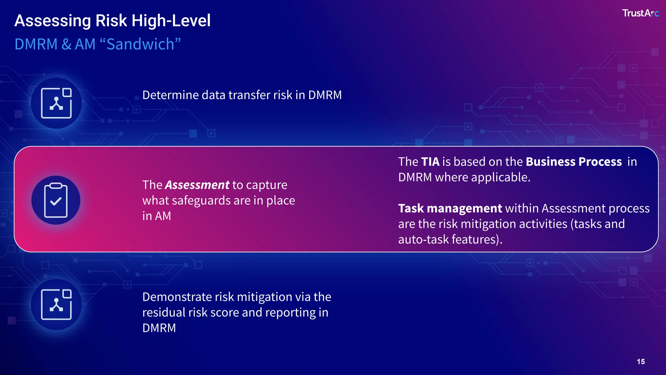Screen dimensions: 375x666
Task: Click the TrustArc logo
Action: click(640, 13)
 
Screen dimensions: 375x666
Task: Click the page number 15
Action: click(641, 362)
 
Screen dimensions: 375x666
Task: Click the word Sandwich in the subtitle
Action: click(140, 44)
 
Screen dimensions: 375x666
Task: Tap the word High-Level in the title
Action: click(171, 21)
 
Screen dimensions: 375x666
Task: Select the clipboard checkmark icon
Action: click(56, 201)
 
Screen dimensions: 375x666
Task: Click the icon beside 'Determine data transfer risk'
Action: click(56, 103)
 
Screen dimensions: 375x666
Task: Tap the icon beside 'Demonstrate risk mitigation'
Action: click(56, 304)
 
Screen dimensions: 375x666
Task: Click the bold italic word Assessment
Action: click(197, 185)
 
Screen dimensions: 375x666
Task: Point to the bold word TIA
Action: click(430, 162)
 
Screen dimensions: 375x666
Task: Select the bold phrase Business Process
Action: click(574, 162)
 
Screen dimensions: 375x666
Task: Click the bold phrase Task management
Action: click(450, 208)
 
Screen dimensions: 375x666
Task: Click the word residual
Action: click(164, 312)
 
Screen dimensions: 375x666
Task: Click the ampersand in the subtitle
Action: click(66, 44)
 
